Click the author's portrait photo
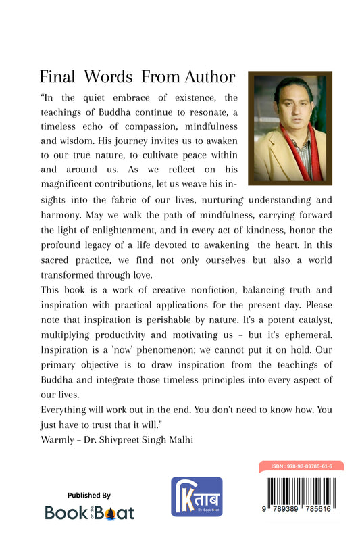[290, 128]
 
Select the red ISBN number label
[301, 466]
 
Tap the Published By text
[89, 495]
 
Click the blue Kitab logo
[197, 497]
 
